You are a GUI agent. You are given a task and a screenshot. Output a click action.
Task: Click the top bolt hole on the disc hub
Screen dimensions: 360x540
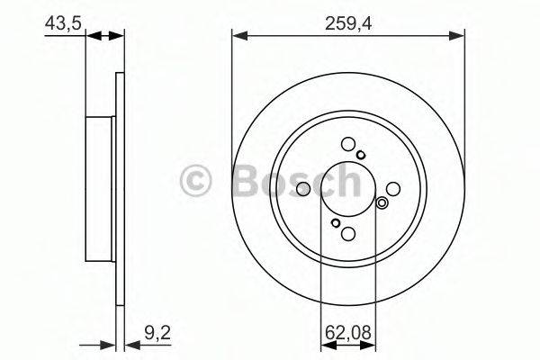(348, 144)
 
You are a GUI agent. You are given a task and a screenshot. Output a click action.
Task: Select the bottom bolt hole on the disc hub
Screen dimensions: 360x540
(348, 235)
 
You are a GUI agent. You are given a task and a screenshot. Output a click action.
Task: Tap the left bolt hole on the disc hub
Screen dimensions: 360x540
(303, 189)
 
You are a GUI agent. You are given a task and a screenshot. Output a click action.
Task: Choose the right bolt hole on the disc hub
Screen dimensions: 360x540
(393, 189)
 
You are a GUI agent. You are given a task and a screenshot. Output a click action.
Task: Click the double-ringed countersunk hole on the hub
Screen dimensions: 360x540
(382, 202)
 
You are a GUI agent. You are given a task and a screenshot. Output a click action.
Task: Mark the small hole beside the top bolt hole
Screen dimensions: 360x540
(361, 155)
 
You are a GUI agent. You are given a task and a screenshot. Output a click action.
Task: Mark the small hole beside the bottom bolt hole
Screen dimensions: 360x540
(335, 223)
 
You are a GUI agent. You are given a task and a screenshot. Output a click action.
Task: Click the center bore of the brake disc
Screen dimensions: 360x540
(348, 189)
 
